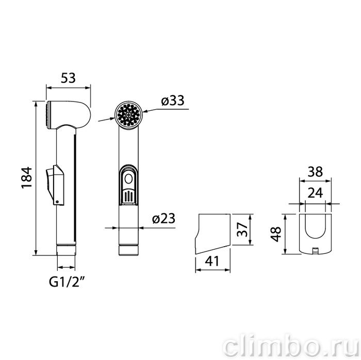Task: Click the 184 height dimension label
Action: point(27,178)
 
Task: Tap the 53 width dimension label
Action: point(68,78)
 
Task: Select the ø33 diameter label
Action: point(173,100)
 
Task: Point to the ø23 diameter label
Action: point(163,218)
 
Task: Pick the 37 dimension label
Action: point(242,229)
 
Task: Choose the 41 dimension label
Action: point(212,261)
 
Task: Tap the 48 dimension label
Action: point(276,234)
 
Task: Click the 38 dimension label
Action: point(315,172)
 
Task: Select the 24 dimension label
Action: point(315,193)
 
